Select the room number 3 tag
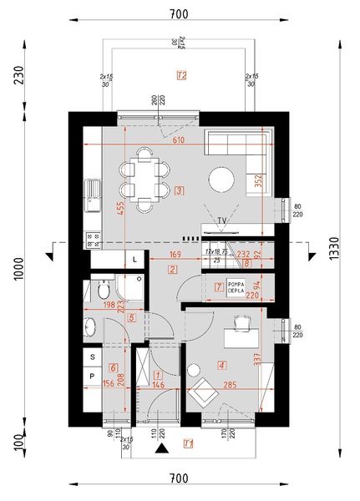(180, 190)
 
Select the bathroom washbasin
(89, 327)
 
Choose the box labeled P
(92, 376)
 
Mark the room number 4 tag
(221, 364)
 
